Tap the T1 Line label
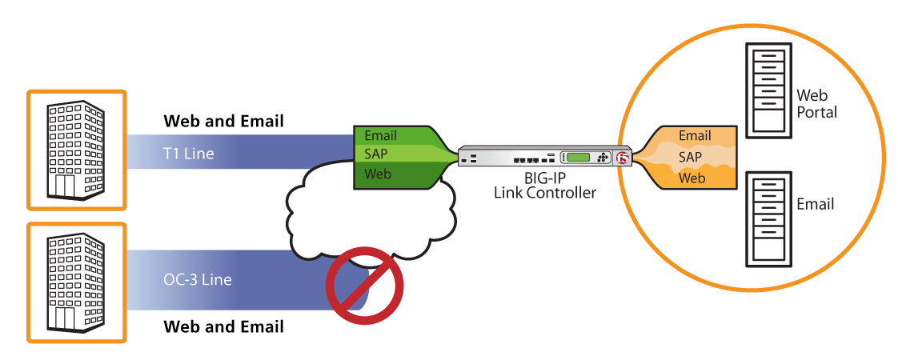[x=189, y=153]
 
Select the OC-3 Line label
[x=198, y=280]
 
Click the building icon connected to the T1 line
[x=75, y=150]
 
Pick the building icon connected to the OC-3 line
[x=75, y=282]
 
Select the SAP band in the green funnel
[x=401, y=154]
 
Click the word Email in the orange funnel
[x=695, y=136]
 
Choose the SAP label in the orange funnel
[x=690, y=157]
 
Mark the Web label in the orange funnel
[x=692, y=178]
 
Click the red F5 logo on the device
[x=623, y=157]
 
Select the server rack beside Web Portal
[x=768, y=90]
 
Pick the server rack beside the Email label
[x=768, y=219]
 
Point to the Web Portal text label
[x=816, y=103]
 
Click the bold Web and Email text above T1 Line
[x=224, y=122]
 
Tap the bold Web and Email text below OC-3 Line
[x=224, y=327]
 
